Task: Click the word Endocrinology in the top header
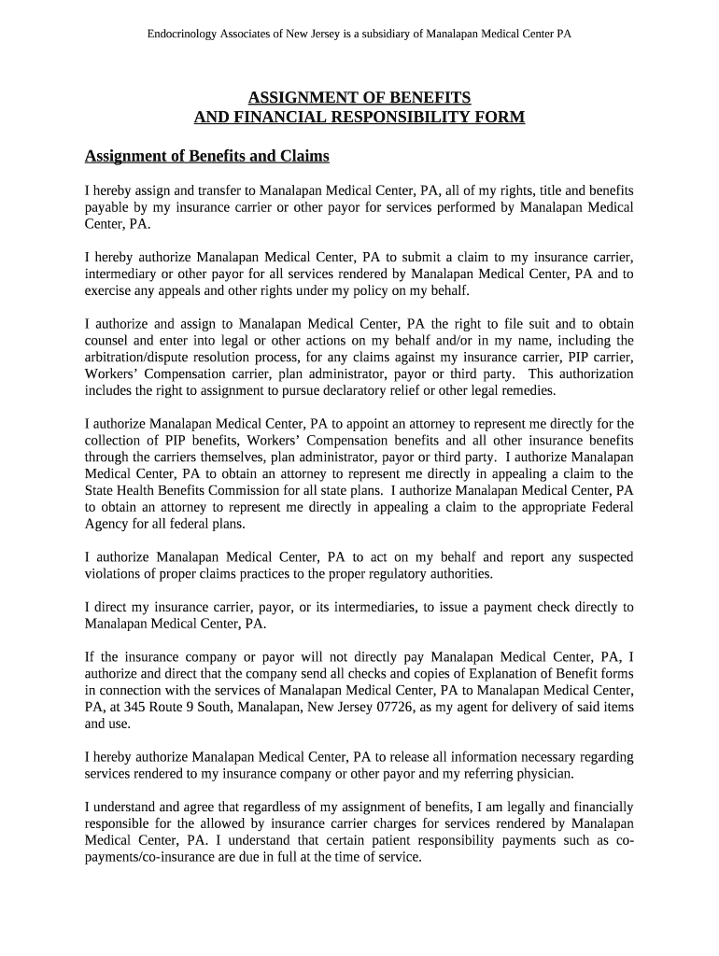[183, 33]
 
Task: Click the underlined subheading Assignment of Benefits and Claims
[207, 155]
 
